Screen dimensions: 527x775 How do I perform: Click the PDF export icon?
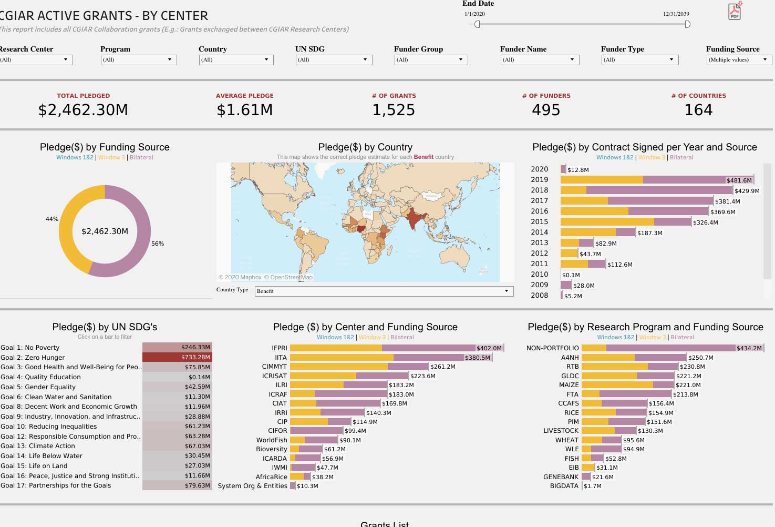(x=735, y=11)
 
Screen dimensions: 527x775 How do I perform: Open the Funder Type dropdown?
(x=639, y=60)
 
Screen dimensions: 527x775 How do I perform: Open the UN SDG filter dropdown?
(x=334, y=60)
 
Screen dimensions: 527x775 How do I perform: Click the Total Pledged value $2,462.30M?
(x=83, y=110)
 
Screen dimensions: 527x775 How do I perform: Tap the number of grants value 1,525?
(x=394, y=110)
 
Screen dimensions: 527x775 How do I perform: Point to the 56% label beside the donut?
(x=158, y=244)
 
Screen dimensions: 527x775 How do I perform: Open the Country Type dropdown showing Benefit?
(x=384, y=291)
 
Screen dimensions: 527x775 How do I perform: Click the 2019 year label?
(x=539, y=180)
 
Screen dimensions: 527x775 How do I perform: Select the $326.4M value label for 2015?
(x=705, y=222)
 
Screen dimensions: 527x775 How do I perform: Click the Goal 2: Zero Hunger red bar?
(x=177, y=357)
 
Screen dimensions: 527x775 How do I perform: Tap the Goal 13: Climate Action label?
(x=38, y=446)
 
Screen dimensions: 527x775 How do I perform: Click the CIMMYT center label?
(x=274, y=367)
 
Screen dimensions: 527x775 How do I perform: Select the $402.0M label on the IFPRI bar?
(x=489, y=348)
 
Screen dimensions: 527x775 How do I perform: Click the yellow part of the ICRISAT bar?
(x=323, y=376)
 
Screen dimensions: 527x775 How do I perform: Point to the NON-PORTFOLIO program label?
(x=552, y=348)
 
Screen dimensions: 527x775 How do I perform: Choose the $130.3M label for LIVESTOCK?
(x=650, y=431)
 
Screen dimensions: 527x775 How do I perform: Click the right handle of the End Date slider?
(x=687, y=24)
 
